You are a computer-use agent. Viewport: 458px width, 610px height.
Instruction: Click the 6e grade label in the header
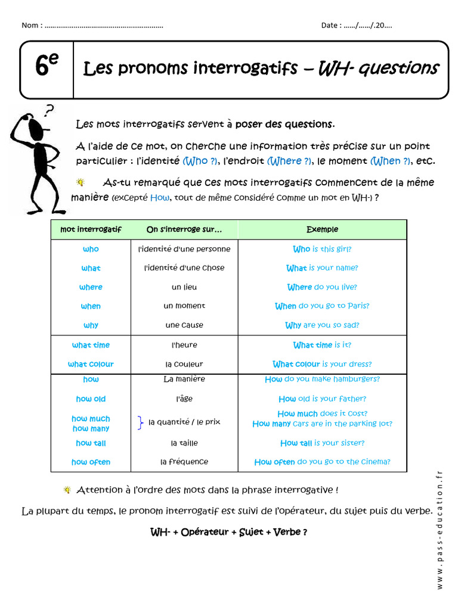point(46,67)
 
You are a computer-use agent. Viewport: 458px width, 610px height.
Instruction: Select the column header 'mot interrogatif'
point(91,229)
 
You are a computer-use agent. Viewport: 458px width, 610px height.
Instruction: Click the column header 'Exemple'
point(322,229)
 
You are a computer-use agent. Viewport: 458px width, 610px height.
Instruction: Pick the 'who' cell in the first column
point(91,249)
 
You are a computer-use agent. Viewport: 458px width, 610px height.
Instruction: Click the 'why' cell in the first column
point(91,325)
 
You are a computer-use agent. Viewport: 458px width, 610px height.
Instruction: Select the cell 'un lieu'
point(184,287)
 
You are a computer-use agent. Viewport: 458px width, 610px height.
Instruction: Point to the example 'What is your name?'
point(322,268)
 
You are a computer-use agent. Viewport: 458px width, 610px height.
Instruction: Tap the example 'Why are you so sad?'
point(322,325)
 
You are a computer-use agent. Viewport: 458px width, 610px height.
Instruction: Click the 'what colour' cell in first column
point(91,364)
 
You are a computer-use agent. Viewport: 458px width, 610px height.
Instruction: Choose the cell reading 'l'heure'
point(184,345)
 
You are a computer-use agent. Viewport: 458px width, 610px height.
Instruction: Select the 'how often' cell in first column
point(91,462)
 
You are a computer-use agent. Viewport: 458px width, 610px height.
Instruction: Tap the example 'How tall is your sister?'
point(322,443)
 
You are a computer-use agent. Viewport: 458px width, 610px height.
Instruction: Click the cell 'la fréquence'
point(184,462)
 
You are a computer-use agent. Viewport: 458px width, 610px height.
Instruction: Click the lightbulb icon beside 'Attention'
point(67,490)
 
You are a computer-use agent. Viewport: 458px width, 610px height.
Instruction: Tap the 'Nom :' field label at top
point(31,25)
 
